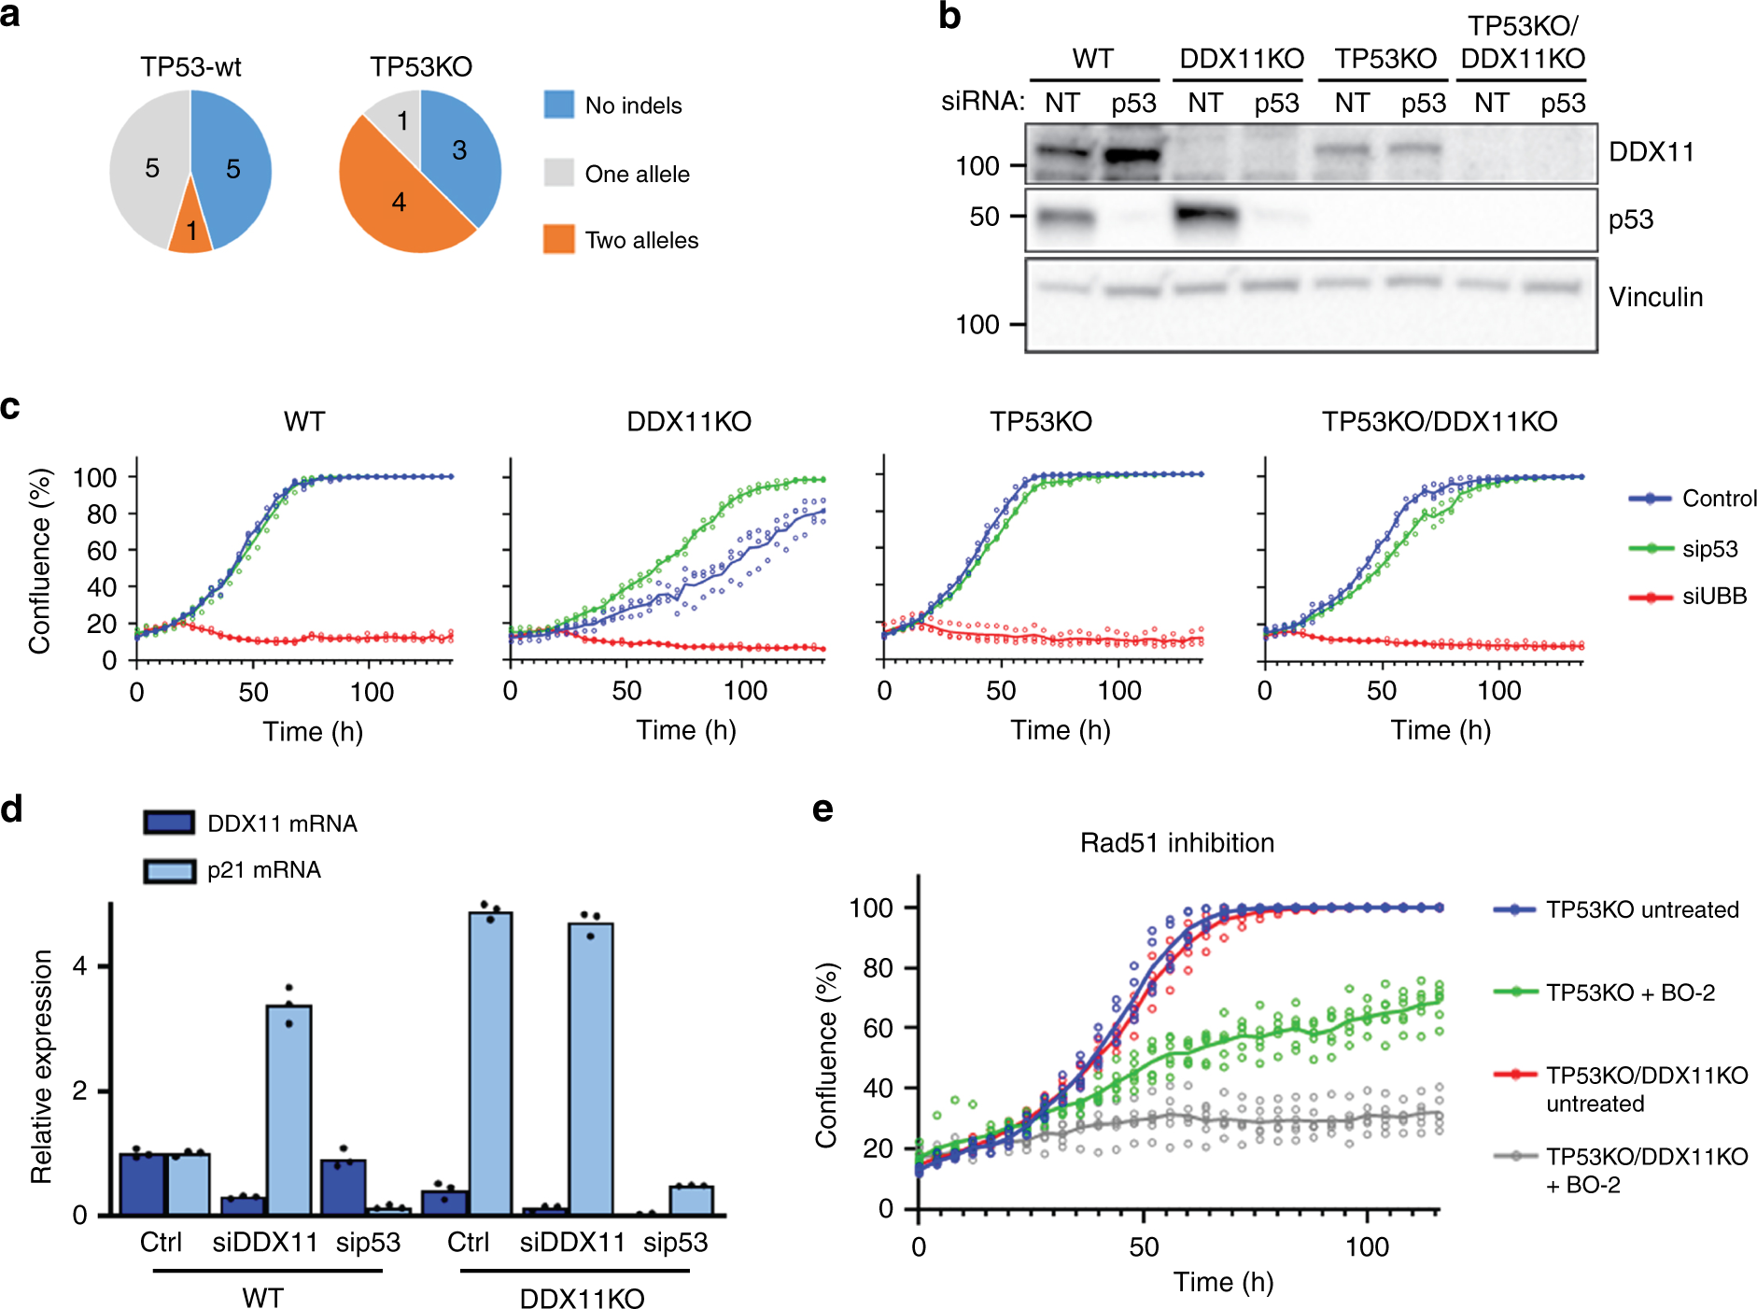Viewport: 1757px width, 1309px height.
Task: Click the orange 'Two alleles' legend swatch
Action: [x=558, y=239]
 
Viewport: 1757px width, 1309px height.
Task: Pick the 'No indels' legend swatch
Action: [x=558, y=105]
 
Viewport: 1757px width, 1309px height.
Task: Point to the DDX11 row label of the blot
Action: [x=1651, y=152]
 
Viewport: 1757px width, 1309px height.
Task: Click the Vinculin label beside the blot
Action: [x=1655, y=297]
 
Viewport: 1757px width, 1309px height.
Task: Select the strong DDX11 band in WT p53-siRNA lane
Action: [x=1132, y=154]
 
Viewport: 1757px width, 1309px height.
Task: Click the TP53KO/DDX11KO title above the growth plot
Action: [x=1439, y=422]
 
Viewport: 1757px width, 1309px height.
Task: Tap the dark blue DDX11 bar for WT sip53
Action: [x=343, y=1187]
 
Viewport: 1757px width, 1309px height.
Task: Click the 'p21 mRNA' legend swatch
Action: [x=169, y=870]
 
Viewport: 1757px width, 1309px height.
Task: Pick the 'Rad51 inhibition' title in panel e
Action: [x=1176, y=843]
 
